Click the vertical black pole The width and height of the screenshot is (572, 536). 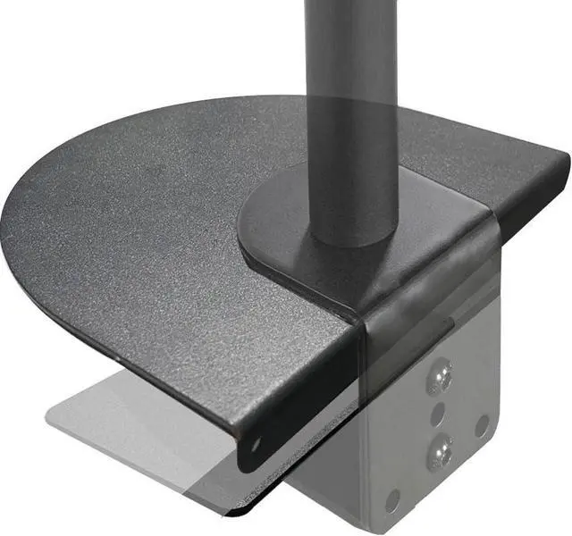tap(350, 107)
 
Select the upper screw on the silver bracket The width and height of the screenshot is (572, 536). tap(438, 379)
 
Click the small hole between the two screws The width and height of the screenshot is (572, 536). tap(438, 415)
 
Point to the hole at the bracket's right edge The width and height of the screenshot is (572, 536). tap(482, 425)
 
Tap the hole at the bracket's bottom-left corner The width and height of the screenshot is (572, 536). tap(391, 501)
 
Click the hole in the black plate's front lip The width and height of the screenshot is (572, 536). tap(255, 442)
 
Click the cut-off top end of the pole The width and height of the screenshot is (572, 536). tap(350, 4)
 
